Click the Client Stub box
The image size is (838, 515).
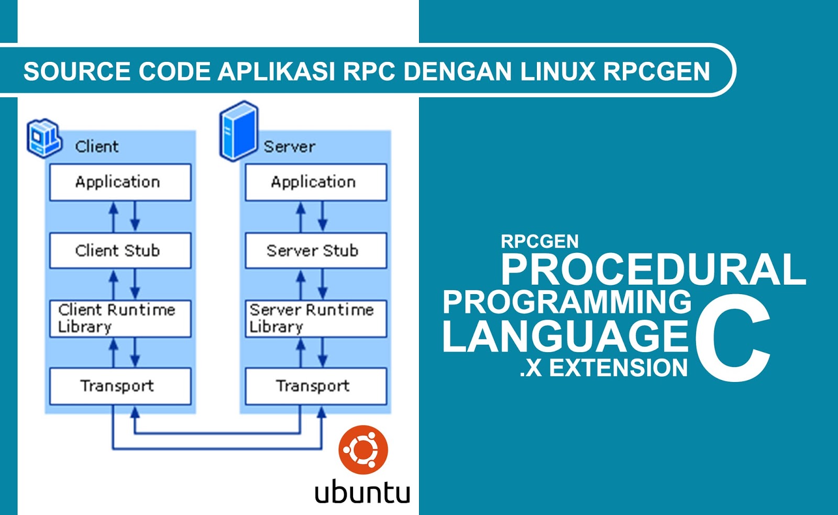[120, 251]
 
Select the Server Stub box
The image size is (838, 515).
[315, 251]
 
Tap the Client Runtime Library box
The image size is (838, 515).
[120, 318]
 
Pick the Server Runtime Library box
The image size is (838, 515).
[315, 318]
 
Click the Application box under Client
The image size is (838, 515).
[120, 182]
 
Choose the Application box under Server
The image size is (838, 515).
[315, 182]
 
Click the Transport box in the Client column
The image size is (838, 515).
[120, 386]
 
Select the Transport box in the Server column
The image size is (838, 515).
[315, 386]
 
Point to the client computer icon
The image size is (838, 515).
[44, 138]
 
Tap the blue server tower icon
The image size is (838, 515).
[239, 131]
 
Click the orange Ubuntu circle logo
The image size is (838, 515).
[363, 450]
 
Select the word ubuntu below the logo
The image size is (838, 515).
[362, 492]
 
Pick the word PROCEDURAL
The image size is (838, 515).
[653, 270]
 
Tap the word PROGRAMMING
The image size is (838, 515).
[567, 302]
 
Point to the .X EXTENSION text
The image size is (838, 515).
[603, 368]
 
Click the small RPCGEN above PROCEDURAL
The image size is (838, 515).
[539, 241]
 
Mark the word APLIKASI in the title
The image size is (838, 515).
[276, 72]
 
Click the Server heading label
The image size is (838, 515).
[289, 147]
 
